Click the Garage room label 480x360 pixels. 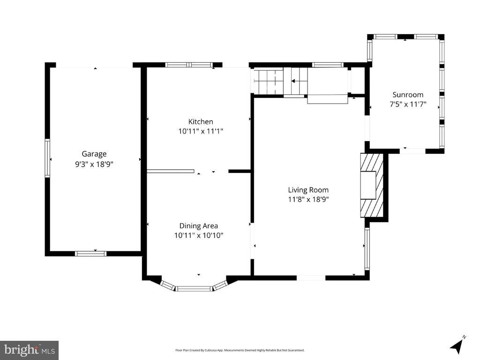click(94, 154)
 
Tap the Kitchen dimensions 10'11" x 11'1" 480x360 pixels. click(201, 131)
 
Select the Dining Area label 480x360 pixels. click(199, 226)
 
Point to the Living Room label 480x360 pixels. click(308, 190)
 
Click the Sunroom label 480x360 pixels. click(408, 95)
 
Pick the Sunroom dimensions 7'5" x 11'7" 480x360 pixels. click(408, 105)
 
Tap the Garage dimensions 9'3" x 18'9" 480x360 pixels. click(94, 165)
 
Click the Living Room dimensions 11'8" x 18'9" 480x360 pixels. click(308, 200)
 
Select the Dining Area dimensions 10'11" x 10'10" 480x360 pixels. click(199, 235)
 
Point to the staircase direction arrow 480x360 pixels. click(293, 81)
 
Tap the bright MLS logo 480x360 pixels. click(30, 350)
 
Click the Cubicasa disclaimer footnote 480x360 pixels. click(240, 350)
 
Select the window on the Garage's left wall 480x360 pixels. click(47, 158)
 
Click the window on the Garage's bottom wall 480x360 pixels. click(91, 254)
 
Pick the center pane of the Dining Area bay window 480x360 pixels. click(194, 288)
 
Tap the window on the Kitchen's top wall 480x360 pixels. click(189, 65)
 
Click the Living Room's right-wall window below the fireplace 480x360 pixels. click(367, 248)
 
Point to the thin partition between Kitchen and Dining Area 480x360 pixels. click(171, 171)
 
